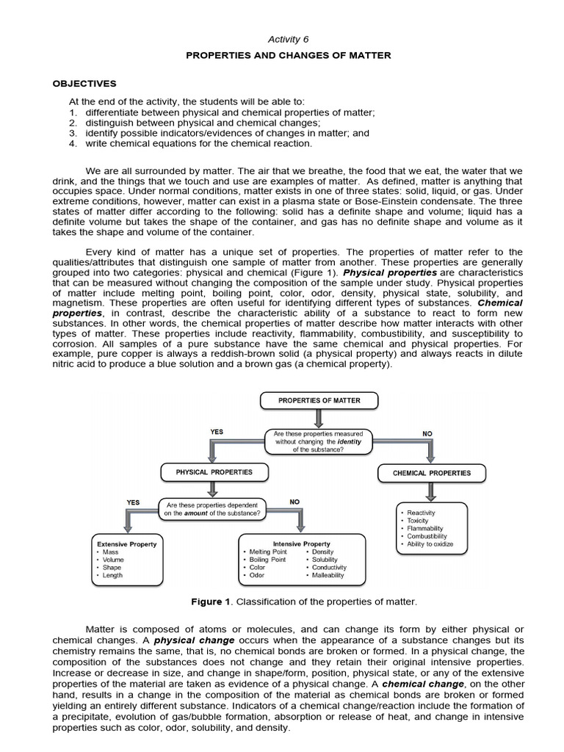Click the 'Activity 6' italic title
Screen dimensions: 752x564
point(282,39)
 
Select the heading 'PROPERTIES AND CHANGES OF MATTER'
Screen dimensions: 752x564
point(283,56)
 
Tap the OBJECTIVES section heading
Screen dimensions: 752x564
point(93,84)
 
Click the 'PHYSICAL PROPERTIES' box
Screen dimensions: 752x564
point(213,472)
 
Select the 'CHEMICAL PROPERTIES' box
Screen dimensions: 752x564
point(432,473)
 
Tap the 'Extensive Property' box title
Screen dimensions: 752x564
point(127,544)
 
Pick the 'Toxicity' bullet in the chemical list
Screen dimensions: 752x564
point(419,520)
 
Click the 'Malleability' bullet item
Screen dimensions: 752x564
point(328,576)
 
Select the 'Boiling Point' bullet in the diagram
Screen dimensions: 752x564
point(267,560)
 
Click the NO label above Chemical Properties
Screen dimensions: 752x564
point(427,434)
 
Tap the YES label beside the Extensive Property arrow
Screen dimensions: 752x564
point(133,502)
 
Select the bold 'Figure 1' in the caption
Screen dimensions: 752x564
point(211,601)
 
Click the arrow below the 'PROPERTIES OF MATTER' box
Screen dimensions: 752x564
point(318,418)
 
